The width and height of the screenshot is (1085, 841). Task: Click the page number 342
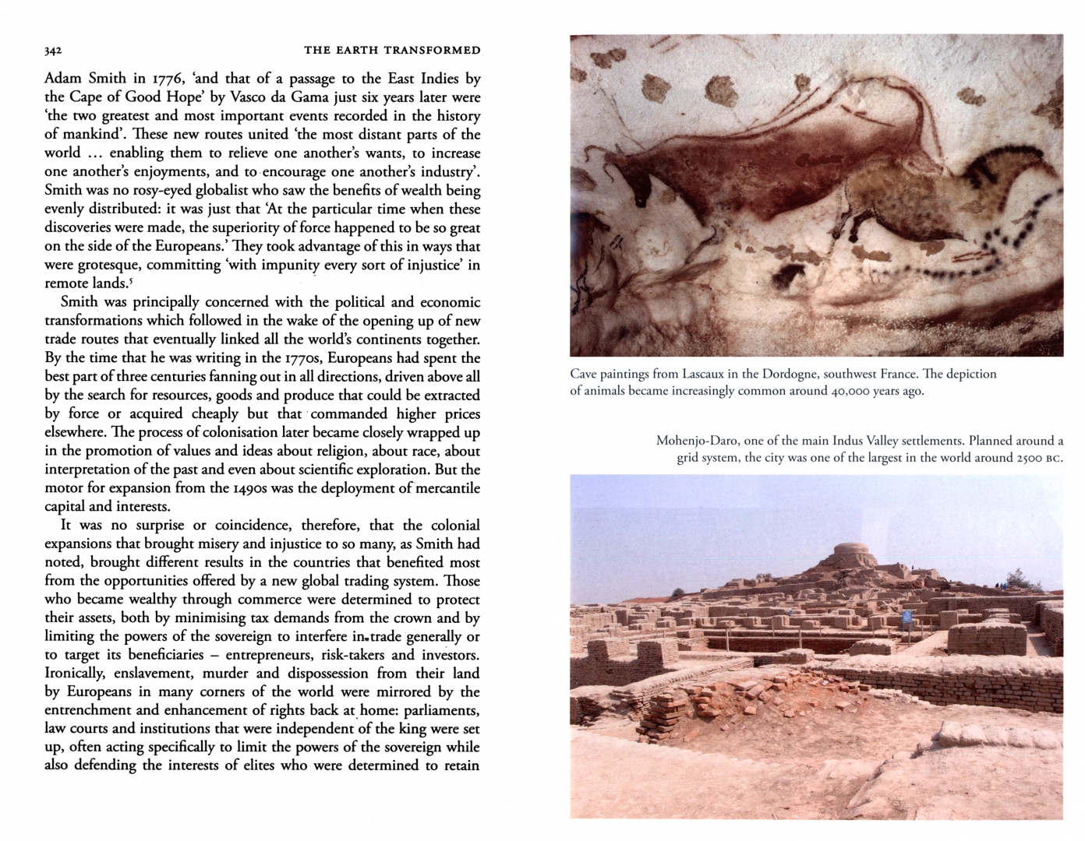tap(53, 51)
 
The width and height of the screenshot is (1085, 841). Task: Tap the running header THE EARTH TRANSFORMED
tap(392, 51)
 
